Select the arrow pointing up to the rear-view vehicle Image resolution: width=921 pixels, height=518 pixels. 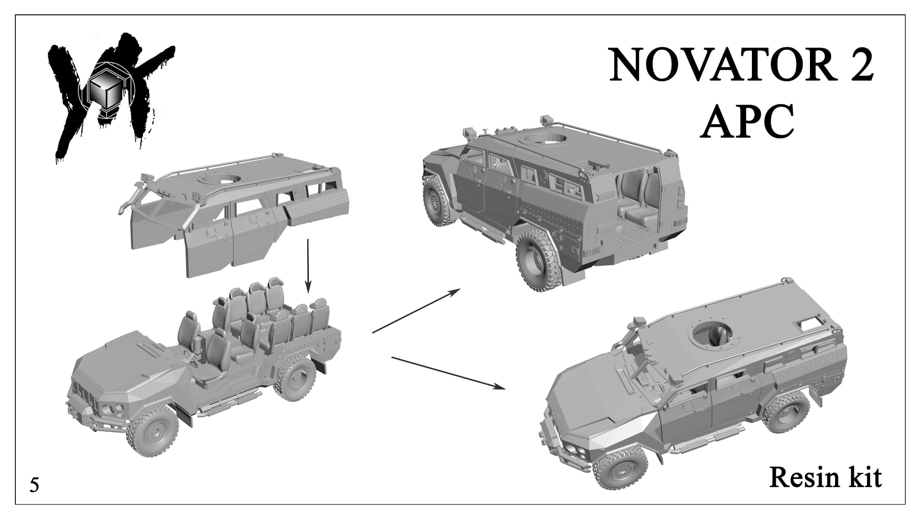(416, 311)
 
